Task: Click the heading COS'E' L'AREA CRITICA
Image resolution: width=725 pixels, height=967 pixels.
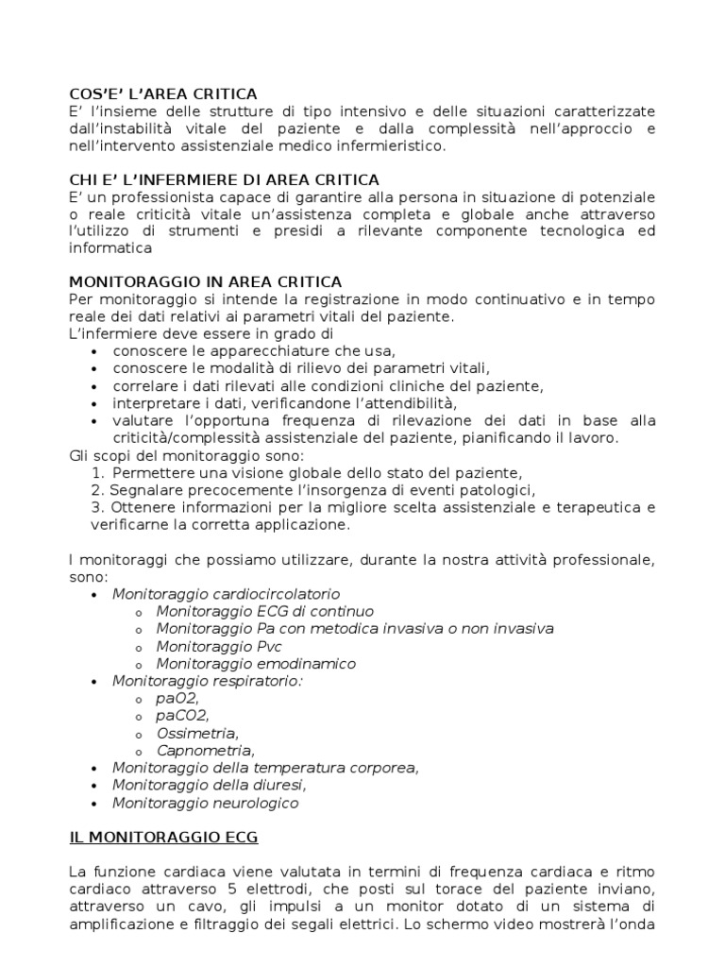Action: pos(162,93)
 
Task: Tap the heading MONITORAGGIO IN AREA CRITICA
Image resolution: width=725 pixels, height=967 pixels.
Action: pos(206,282)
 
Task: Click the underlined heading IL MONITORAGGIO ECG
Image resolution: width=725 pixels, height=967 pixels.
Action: pos(163,838)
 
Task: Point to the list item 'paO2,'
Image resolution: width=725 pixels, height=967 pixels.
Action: pos(178,699)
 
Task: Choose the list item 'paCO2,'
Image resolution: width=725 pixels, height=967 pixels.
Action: pos(183,716)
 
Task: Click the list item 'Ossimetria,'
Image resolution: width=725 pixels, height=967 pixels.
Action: pos(197,734)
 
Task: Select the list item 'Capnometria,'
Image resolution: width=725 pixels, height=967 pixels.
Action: pos(206,751)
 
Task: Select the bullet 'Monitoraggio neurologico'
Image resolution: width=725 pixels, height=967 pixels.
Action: pos(205,803)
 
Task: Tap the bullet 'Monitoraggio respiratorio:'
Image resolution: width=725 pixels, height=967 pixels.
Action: pos(206,681)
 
